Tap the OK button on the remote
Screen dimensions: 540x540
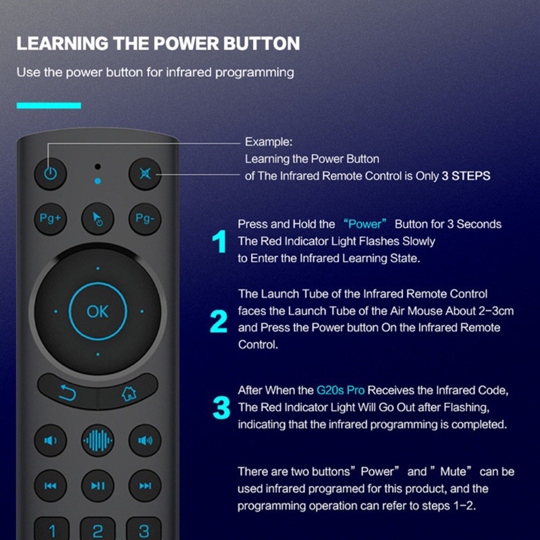pos(97,311)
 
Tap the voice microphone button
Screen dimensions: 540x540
pos(98,441)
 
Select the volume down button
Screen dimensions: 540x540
pos(51,441)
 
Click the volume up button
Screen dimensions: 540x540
pos(144,441)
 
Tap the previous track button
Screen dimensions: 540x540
pos(51,485)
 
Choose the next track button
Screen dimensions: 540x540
pos(144,485)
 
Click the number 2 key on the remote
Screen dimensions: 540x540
pos(97,530)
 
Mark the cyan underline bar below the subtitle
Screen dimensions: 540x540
pos(49,105)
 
